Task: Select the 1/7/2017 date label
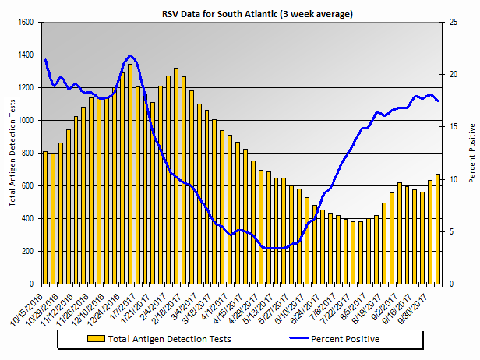(x=121, y=306)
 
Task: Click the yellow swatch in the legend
(x=97, y=339)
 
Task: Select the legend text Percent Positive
(x=345, y=339)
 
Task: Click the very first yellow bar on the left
(x=45, y=218)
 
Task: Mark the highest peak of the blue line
(x=129, y=56)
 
